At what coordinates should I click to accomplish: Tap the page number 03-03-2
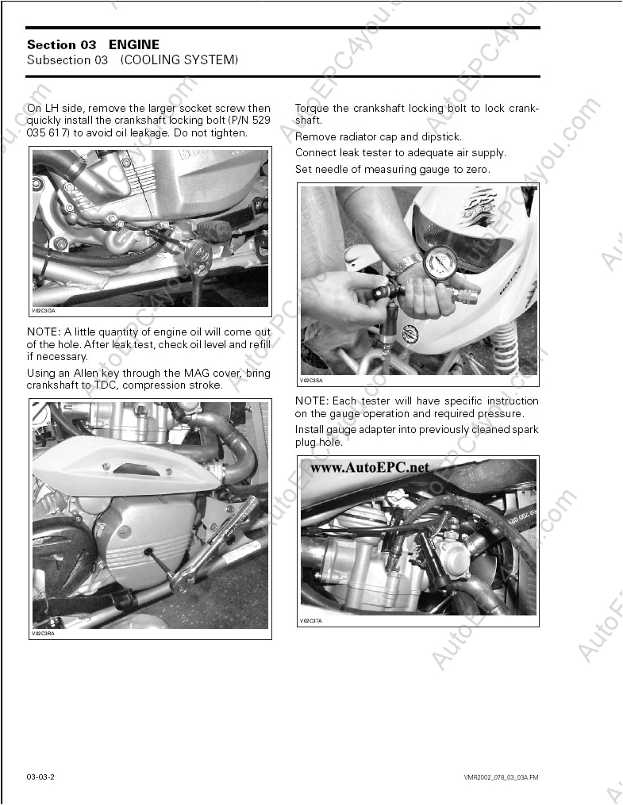pos(40,776)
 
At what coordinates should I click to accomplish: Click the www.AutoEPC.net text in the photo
pos(369,467)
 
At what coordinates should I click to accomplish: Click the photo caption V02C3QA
pos(44,312)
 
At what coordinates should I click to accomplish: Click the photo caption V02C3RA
pos(43,634)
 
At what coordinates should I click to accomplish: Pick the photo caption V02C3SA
pos(311,381)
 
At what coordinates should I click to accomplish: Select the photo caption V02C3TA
pos(311,621)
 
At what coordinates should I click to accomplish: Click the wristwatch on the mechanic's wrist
pos(407,263)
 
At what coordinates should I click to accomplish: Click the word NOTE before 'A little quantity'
pos(42,332)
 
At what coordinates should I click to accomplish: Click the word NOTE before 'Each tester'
pos(311,401)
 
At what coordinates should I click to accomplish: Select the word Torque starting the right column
pos(313,109)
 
